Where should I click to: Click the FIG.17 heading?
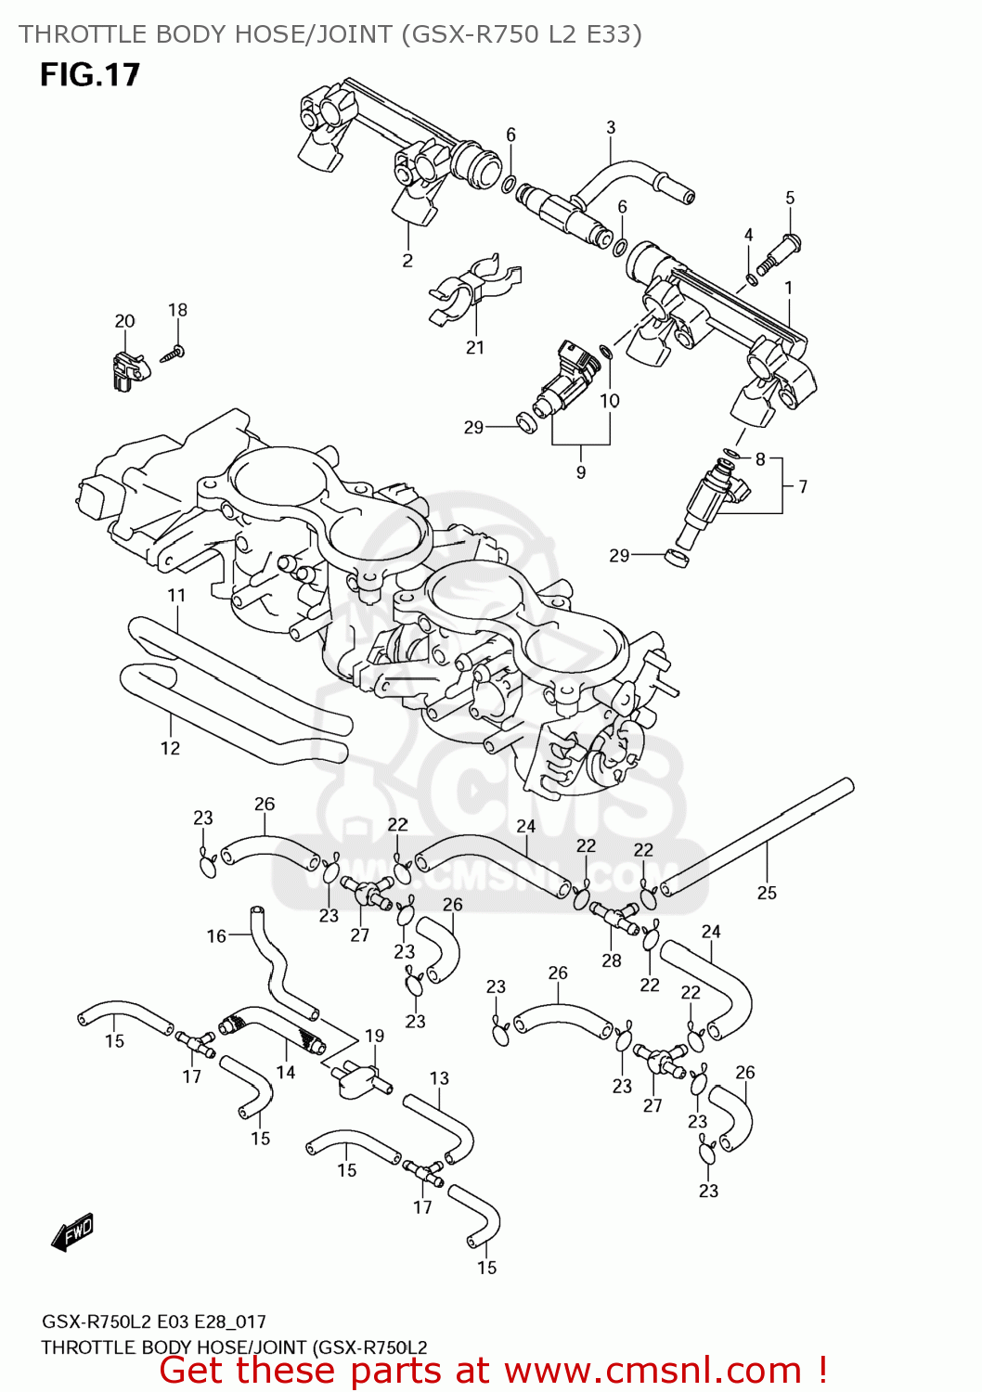[89, 74]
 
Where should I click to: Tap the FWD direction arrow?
[72, 1233]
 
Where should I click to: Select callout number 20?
[124, 321]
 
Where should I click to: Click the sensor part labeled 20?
[126, 368]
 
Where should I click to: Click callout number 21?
[475, 348]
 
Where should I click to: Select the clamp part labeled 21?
[473, 289]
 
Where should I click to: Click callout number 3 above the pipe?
[611, 127]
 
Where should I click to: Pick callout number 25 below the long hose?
[767, 893]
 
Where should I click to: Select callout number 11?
[176, 595]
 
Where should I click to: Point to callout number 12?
[170, 748]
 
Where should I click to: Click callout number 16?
[216, 935]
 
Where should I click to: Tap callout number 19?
[374, 1036]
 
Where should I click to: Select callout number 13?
[439, 1078]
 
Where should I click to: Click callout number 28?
[611, 960]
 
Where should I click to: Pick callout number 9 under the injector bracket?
[581, 472]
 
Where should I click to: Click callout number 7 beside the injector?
[802, 486]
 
